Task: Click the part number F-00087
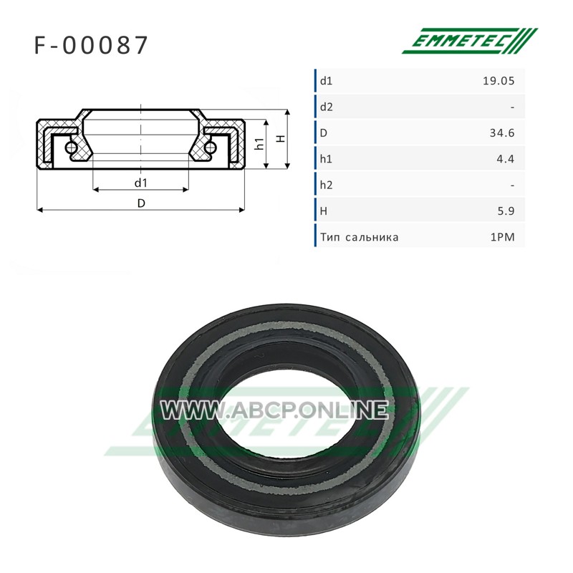[91, 45]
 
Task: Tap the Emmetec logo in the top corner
[470, 41]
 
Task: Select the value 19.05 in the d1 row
[499, 81]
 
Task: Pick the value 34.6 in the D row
[502, 133]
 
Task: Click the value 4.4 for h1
[506, 159]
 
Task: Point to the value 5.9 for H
[506, 211]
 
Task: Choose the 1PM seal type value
[503, 237]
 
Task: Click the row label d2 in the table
[327, 107]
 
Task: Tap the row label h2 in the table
[327, 185]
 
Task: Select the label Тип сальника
[360, 237]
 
